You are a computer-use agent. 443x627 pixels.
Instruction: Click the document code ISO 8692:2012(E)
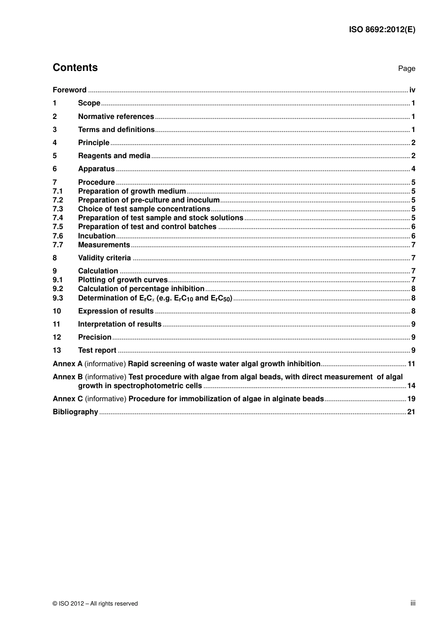coord(382,29)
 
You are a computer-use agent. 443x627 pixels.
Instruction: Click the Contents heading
coord(75,68)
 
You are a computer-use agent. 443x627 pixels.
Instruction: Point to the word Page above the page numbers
coord(406,69)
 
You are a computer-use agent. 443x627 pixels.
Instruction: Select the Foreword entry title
coord(69,90)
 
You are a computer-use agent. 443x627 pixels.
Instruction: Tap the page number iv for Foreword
coord(412,90)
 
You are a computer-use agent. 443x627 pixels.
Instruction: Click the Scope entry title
coord(89,103)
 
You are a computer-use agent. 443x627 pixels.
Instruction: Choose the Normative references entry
coord(116,117)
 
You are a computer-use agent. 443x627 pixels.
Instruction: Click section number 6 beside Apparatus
coord(55,169)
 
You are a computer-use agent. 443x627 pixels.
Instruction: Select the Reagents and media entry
coord(114,156)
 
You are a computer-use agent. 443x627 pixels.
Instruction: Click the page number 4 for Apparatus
coord(413,169)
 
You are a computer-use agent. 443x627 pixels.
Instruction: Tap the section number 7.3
coord(58,209)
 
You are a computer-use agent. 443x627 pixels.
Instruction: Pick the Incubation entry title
coord(97,236)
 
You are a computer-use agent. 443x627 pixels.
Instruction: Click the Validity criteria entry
coord(104,258)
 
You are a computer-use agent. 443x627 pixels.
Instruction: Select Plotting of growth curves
coord(123,280)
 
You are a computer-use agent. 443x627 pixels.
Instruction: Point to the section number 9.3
coord(58,298)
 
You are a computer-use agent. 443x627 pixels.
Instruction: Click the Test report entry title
coord(97,350)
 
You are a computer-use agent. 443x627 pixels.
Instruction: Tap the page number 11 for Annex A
coord(411,364)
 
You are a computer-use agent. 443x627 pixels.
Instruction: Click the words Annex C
coord(68,399)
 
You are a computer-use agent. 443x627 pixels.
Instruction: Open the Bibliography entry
coord(75,412)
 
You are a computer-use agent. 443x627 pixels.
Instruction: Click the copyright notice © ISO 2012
coord(95,604)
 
